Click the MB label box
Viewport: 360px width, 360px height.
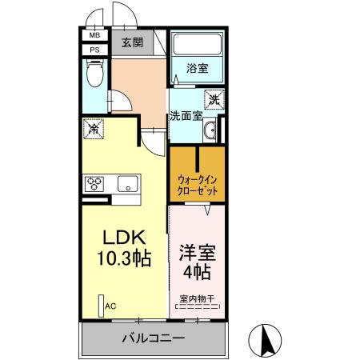(x=94, y=35)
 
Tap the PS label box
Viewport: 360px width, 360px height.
(x=94, y=50)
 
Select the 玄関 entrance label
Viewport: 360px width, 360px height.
(x=133, y=43)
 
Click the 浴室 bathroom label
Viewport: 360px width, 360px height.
(x=198, y=68)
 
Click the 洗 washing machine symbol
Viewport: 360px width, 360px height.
(x=214, y=100)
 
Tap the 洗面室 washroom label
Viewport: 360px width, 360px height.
(x=185, y=115)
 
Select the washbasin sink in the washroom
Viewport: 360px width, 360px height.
(x=210, y=130)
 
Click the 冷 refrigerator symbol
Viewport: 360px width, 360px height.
(x=94, y=127)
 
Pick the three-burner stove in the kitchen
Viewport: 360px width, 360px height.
(x=96, y=183)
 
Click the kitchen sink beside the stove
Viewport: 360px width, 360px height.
(x=128, y=184)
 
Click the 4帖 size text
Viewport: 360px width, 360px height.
(x=198, y=273)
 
